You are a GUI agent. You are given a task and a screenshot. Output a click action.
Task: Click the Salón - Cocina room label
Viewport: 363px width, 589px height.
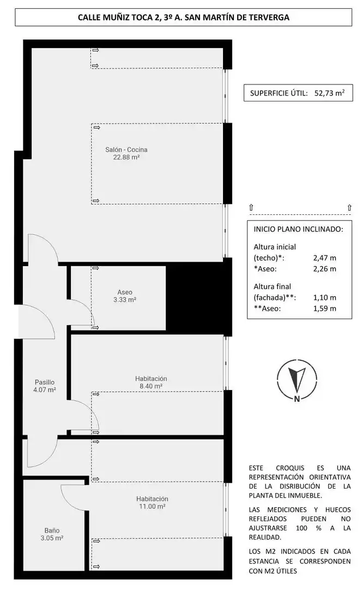[x=126, y=149]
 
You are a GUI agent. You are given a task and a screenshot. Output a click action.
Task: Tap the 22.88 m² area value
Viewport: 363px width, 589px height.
[x=126, y=158]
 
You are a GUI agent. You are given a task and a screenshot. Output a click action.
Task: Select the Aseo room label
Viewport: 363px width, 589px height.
[x=125, y=292]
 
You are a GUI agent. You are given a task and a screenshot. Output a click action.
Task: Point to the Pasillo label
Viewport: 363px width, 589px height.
[x=45, y=382]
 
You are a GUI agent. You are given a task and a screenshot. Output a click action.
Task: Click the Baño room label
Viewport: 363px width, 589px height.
[x=52, y=531]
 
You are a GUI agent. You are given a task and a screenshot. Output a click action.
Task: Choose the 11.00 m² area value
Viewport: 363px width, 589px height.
[x=152, y=506]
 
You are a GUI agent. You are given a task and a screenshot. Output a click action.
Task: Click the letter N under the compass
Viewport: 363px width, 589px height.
[x=297, y=399]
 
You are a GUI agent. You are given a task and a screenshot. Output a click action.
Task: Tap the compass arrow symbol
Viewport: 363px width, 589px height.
[x=297, y=377]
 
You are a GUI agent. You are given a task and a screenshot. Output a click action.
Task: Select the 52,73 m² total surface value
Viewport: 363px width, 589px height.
[x=330, y=93]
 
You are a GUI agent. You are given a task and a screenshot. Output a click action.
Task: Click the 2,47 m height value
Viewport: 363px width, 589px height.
[x=325, y=257]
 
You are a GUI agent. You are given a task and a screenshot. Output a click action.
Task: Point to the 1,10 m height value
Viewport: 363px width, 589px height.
[x=325, y=298]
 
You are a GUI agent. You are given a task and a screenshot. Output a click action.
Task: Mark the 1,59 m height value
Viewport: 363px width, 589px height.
[x=325, y=308]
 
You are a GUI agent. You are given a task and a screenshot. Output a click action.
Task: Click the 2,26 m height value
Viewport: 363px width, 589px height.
[x=325, y=268]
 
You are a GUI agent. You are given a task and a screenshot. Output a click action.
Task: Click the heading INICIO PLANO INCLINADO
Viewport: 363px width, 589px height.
[x=299, y=229]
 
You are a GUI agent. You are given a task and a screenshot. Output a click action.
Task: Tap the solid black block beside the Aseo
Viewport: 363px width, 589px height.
[x=195, y=297]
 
